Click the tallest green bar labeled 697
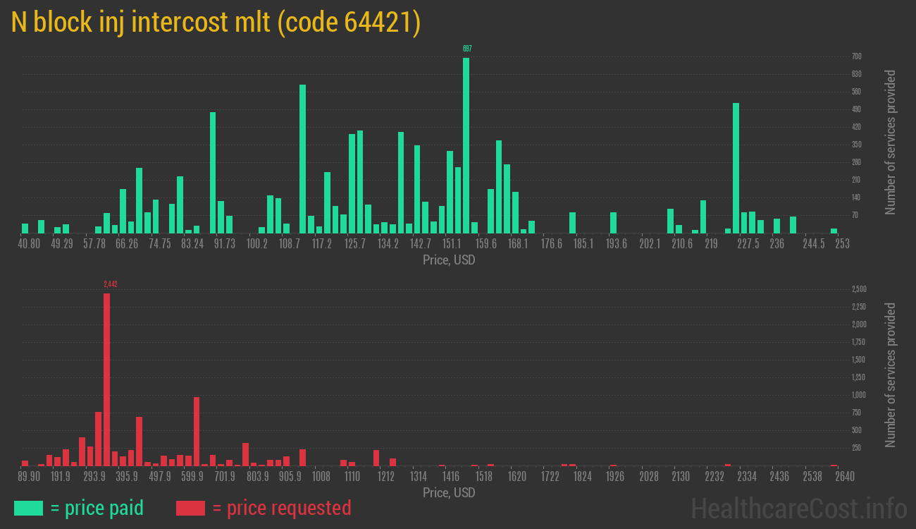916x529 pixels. point(466,145)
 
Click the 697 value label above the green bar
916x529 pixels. point(467,49)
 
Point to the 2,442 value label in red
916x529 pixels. point(110,284)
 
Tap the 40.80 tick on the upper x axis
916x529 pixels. point(29,244)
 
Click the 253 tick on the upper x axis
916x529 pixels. point(842,244)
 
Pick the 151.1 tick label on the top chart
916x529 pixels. point(453,244)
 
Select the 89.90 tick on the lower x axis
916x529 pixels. point(30,477)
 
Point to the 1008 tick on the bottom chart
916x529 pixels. point(321,477)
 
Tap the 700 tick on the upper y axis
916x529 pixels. point(856,56)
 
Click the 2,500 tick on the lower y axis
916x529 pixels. point(859,289)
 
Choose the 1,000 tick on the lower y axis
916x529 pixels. point(859,395)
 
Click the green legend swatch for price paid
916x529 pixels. point(28,508)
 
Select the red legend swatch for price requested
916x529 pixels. point(190,508)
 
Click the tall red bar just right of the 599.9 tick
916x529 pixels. point(197,431)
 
